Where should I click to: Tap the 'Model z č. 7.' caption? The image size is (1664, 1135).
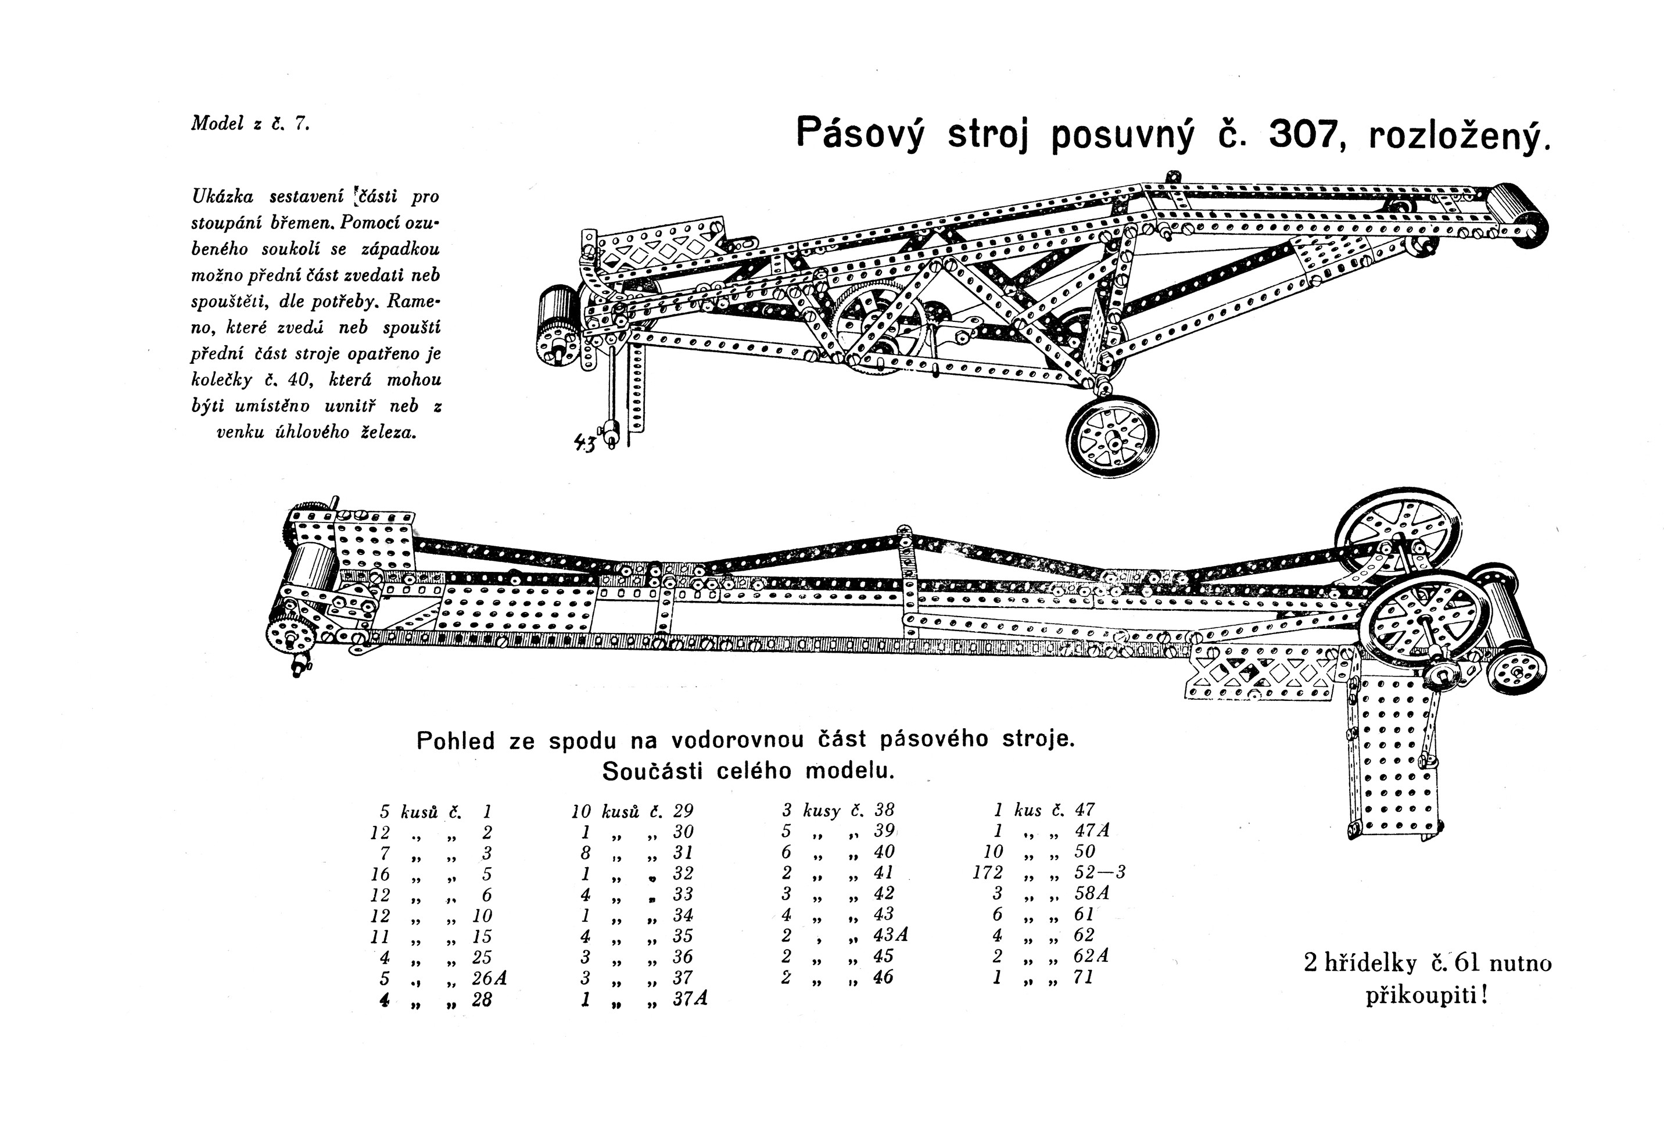tap(250, 123)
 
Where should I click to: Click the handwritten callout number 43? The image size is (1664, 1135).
tap(584, 443)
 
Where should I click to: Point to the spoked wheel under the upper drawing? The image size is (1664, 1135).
tap(1112, 435)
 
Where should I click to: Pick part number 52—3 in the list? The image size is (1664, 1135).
tap(1100, 872)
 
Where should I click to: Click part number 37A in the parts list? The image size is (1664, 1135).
tap(690, 998)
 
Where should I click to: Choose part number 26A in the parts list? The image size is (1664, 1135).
tap(489, 978)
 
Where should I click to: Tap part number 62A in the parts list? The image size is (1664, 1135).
tap(1091, 956)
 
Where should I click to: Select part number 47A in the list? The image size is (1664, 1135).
tap(1091, 830)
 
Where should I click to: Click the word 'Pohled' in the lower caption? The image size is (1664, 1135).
tap(456, 740)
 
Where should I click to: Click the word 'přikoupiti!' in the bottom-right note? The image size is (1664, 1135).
tap(1426, 996)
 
